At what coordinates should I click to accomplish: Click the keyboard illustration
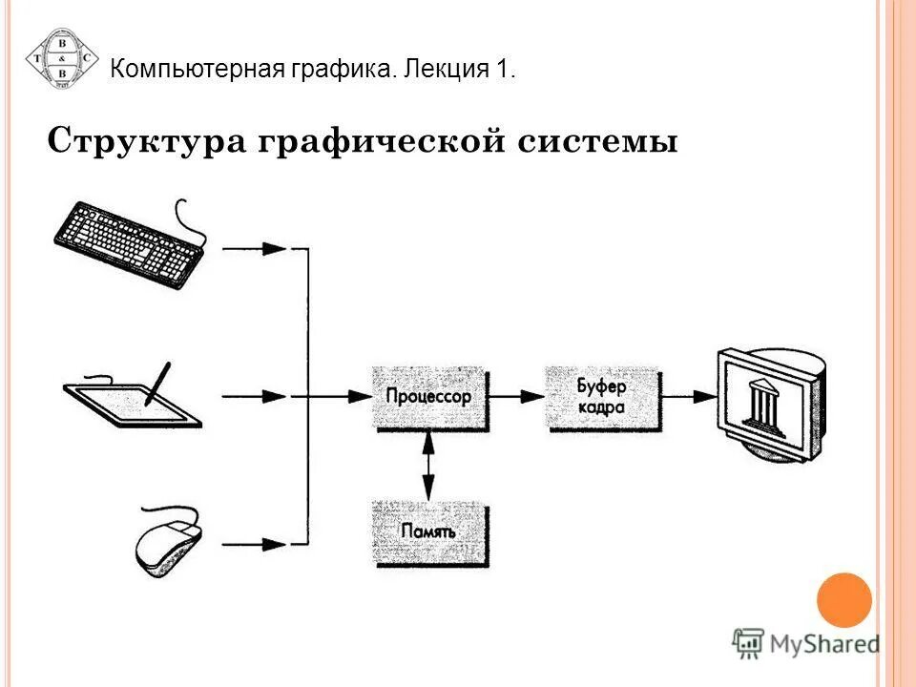coord(129,242)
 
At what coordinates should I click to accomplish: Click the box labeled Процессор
coord(428,396)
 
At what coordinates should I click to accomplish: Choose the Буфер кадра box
coord(601,396)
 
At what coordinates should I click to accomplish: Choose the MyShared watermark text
coord(826,644)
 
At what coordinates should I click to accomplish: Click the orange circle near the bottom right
coord(844,599)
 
